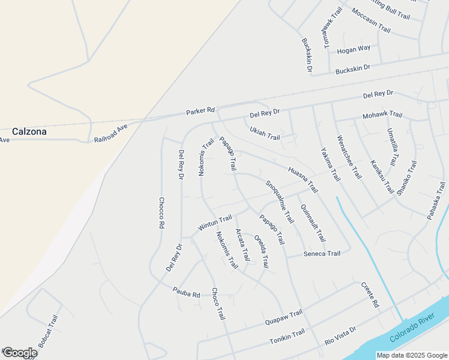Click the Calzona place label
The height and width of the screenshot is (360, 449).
click(x=29, y=131)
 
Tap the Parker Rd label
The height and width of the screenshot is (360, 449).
click(x=200, y=111)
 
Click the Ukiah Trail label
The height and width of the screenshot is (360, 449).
click(x=265, y=133)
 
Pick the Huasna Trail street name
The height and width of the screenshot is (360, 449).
click(x=303, y=179)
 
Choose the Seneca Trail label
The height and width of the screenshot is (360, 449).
click(x=322, y=254)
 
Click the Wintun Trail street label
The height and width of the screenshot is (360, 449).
click(x=215, y=224)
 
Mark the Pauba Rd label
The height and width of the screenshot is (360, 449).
click(x=186, y=294)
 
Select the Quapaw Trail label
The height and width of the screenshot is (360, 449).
click(x=284, y=318)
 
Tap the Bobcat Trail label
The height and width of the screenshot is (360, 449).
click(x=49, y=331)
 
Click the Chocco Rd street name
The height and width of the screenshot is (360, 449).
click(x=161, y=214)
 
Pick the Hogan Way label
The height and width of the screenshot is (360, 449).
click(x=354, y=49)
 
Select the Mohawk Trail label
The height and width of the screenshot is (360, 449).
click(x=382, y=115)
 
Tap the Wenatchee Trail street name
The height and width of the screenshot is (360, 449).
click(x=349, y=157)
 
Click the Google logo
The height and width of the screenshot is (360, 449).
click(x=19, y=353)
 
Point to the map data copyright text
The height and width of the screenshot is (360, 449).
click(x=411, y=355)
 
